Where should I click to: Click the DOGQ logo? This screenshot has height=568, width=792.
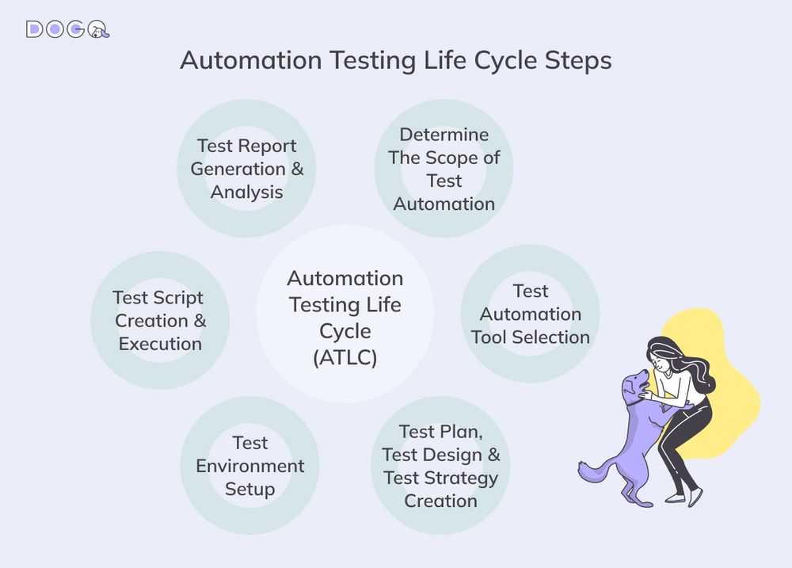tap(67, 29)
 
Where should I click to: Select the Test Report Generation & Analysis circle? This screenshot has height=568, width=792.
tap(246, 169)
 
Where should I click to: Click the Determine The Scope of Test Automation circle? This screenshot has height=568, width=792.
tap(444, 169)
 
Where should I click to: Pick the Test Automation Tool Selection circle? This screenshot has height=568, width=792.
tap(530, 314)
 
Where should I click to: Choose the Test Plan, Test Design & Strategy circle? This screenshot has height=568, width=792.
tap(440, 466)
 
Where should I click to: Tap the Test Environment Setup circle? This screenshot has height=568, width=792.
tap(249, 466)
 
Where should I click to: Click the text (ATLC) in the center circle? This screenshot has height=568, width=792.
tap(345, 356)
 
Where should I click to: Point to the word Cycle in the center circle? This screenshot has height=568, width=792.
tap(345, 330)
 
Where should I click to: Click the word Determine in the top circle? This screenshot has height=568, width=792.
tap(444, 134)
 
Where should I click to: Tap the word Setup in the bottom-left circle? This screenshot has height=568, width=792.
tap(249, 489)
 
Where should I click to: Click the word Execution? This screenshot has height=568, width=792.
tap(160, 344)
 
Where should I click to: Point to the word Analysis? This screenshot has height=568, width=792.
tap(246, 192)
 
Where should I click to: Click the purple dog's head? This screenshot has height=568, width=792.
tap(634, 386)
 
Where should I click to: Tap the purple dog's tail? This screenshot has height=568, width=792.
tap(590, 471)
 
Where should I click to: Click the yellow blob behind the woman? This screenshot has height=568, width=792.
tap(725, 396)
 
